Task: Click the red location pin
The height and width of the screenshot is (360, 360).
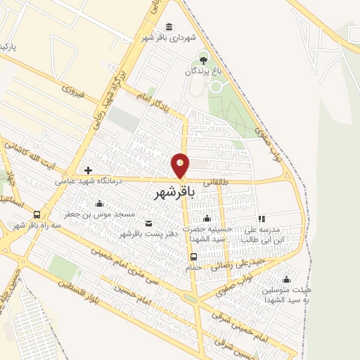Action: pyautogui.click(x=181, y=166)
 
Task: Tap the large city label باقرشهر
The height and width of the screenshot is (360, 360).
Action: pyautogui.click(x=172, y=191)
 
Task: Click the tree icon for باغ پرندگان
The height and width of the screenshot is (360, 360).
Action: pyautogui.click(x=204, y=58)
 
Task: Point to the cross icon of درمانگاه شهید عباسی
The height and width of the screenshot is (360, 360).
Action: pyautogui.click(x=88, y=170)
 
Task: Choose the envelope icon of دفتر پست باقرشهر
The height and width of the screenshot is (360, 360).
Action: pyautogui.click(x=147, y=223)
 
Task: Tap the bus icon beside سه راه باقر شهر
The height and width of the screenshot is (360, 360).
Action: pyautogui.click(x=37, y=215)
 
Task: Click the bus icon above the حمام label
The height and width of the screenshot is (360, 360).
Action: pyautogui.click(x=193, y=257)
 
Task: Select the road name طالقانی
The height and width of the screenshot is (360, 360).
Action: pyautogui.click(x=217, y=181)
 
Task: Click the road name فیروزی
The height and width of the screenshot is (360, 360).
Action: pyautogui.click(x=72, y=91)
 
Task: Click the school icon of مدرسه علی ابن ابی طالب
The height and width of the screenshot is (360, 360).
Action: pyautogui.click(x=261, y=219)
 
